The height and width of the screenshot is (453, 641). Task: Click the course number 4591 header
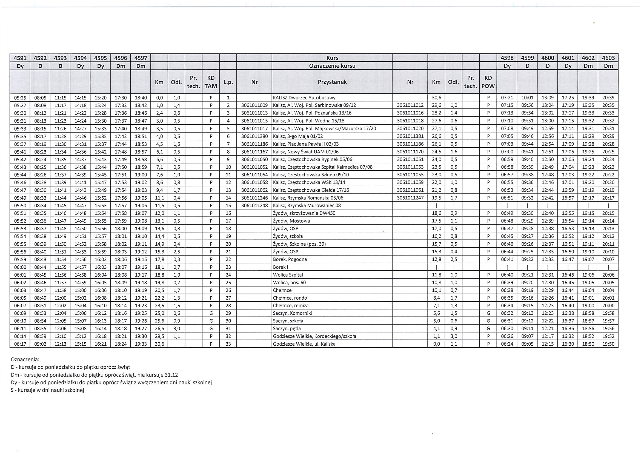(20, 58)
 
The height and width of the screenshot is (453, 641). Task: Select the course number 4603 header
(608, 58)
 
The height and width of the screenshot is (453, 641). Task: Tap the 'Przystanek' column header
(332, 82)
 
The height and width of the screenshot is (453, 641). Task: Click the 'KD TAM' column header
(211, 82)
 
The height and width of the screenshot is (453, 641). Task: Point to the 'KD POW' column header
(488, 82)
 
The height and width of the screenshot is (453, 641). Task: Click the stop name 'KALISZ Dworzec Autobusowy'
(304, 98)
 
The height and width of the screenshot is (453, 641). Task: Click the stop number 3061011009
(254, 105)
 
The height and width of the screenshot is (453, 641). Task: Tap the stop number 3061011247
(410, 198)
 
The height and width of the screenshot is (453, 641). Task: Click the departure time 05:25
(20, 98)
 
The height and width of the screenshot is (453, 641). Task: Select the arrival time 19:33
(141, 344)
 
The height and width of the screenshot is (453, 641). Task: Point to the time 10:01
(527, 98)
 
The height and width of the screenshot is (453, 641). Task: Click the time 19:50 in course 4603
(608, 344)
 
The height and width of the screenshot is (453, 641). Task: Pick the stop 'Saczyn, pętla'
(287, 328)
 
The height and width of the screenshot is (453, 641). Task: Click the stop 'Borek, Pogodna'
(290, 259)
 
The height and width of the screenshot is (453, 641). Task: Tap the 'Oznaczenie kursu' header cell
(332, 66)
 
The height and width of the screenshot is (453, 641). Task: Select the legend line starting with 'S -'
(47, 390)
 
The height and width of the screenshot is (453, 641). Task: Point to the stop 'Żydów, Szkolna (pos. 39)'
(299, 244)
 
